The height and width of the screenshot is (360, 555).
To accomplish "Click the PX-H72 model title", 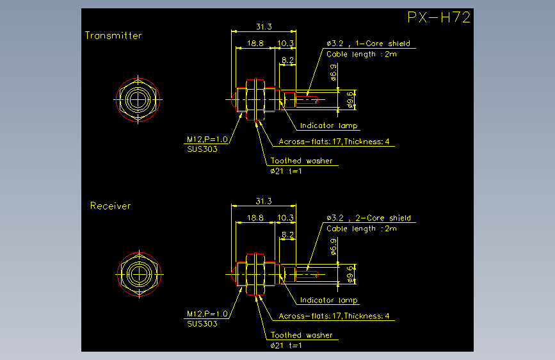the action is pyautogui.click(x=438, y=17).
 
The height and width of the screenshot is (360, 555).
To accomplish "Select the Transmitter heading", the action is pyautogui.click(x=113, y=35).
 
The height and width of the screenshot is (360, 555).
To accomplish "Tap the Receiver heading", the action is pyautogui.click(x=111, y=206).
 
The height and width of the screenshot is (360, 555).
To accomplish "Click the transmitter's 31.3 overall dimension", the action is pyautogui.click(x=264, y=27).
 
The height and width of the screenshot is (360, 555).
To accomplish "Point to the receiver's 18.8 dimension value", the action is pyautogui.click(x=255, y=218).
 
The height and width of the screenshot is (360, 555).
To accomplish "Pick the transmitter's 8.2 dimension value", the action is pyautogui.click(x=288, y=60).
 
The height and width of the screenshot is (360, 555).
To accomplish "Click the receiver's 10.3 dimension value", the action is pyautogui.click(x=286, y=218).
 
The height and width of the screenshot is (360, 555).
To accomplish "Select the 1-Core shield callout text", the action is pyautogui.click(x=383, y=44).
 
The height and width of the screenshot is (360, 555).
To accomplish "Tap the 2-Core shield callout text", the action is pyautogui.click(x=383, y=218).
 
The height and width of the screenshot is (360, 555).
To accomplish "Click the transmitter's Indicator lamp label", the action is pyautogui.click(x=329, y=126).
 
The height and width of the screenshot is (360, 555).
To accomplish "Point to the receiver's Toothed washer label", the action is pyautogui.click(x=302, y=335).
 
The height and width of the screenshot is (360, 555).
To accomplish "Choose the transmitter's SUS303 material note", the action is pyautogui.click(x=202, y=149).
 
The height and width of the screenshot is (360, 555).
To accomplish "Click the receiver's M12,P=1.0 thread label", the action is pyautogui.click(x=207, y=314).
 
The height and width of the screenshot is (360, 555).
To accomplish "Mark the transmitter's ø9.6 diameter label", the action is pyautogui.click(x=350, y=99).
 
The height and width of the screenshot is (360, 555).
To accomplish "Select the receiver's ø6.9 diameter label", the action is pyautogui.click(x=333, y=247).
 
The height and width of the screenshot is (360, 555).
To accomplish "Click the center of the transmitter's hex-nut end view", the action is pyautogui.click(x=138, y=99).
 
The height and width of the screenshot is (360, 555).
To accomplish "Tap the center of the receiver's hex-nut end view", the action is pyautogui.click(x=139, y=274).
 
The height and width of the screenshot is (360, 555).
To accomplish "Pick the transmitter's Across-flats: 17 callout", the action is pyautogui.click(x=310, y=142).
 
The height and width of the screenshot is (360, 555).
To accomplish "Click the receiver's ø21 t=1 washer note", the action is pyautogui.click(x=286, y=345).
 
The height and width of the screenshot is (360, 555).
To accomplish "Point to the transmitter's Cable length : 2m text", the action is pyautogui.click(x=362, y=54).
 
